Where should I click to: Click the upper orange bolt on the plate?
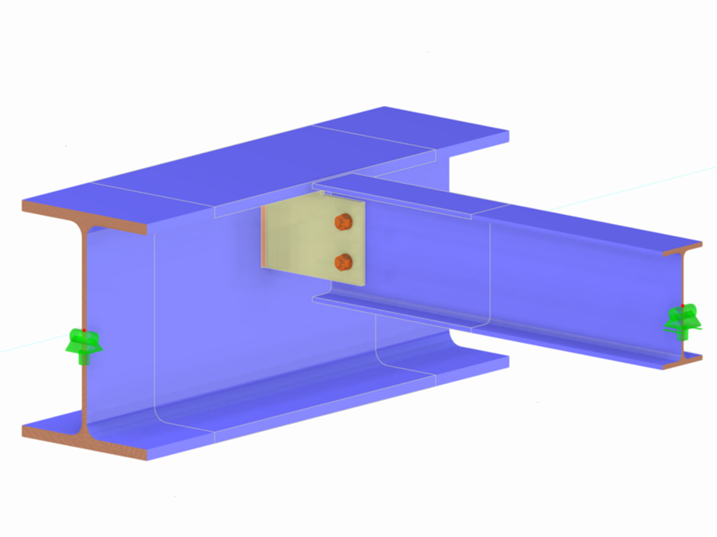[343, 221]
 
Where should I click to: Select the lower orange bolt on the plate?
[343, 261]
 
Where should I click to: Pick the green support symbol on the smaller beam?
[683, 320]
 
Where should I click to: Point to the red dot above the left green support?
[84, 329]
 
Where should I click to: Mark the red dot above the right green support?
[683, 306]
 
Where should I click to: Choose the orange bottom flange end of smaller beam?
[682, 363]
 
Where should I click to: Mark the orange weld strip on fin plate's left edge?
[263, 236]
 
